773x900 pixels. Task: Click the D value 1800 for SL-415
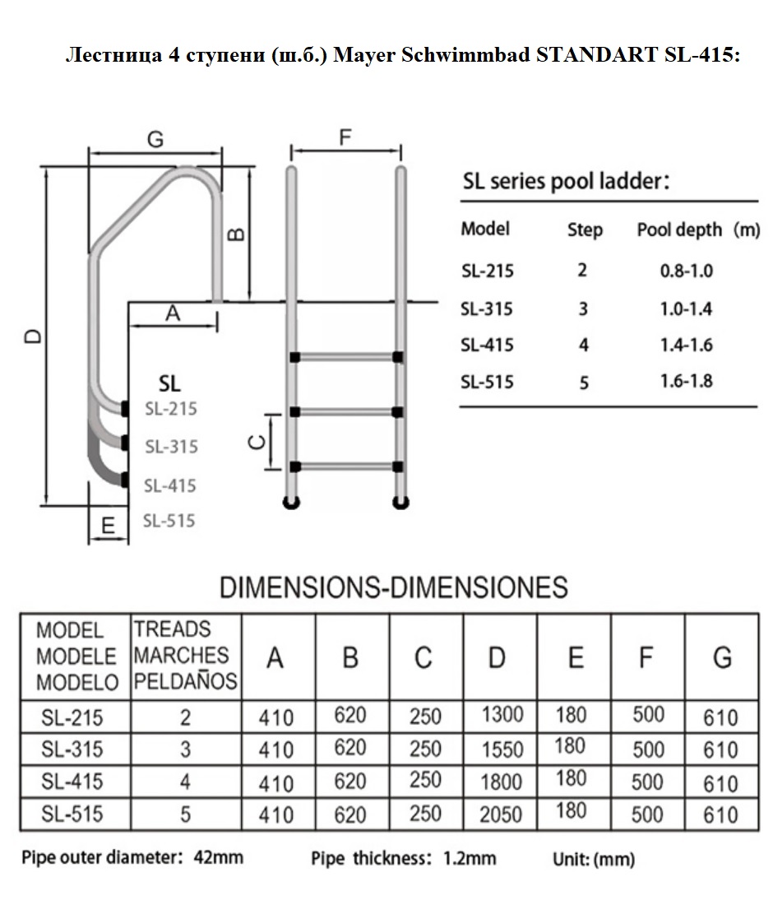501,782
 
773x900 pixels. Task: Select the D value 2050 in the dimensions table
501,814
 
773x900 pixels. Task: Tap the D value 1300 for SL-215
502,715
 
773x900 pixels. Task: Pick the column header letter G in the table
722,658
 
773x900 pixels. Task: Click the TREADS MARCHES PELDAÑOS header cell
185,656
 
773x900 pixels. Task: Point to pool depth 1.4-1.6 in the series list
687,345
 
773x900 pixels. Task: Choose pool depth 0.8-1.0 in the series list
687,271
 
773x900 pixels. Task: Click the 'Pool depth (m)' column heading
698,230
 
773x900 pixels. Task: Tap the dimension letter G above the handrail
155,139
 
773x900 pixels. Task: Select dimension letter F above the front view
345,137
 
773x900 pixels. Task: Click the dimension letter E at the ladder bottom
108,526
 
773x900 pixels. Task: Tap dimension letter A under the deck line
173,313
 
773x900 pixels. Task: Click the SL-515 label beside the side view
169,521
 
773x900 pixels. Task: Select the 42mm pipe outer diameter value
219,857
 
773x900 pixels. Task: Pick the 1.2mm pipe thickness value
470,858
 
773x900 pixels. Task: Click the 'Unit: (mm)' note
594,859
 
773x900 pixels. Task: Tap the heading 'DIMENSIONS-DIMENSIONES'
394,587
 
